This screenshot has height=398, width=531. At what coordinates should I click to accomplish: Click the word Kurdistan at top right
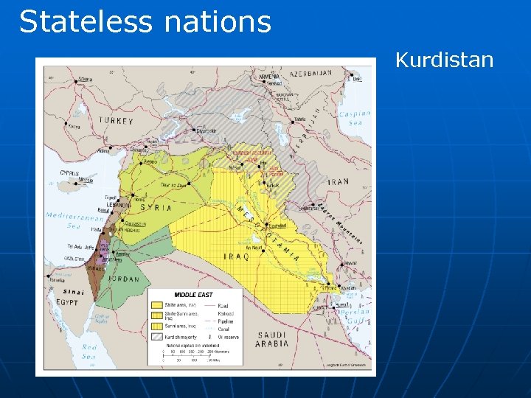[x=444, y=60]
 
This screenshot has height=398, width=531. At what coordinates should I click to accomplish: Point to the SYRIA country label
[x=156, y=208]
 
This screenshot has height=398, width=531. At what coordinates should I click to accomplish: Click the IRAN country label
[x=339, y=181]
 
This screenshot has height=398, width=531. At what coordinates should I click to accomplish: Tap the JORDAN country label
[x=124, y=279]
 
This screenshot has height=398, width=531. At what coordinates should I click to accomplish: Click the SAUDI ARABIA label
[x=272, y=340]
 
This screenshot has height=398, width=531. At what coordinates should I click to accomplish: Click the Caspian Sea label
[x=354, y=119]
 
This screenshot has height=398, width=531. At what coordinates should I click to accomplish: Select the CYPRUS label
[x=71, y=174]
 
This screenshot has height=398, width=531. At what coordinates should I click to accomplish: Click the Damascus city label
[x=136, y=223]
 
